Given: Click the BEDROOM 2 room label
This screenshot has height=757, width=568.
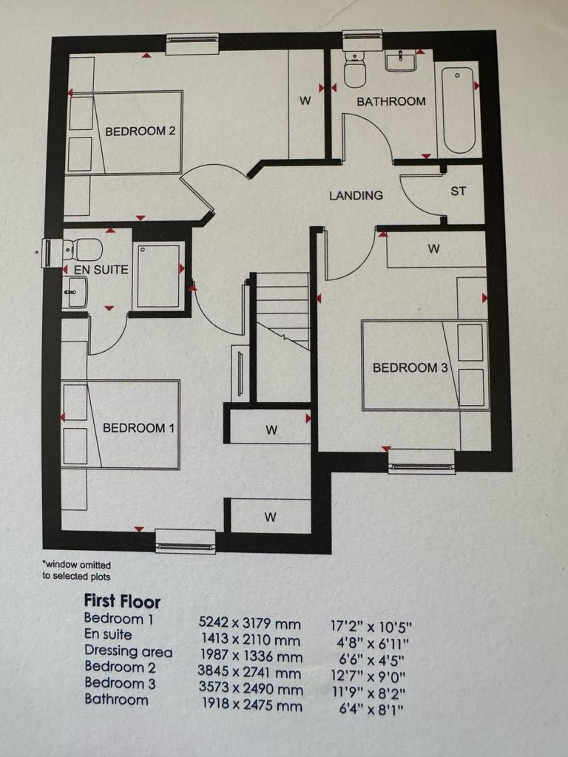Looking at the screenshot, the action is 140,131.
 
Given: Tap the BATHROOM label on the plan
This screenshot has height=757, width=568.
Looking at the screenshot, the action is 391,101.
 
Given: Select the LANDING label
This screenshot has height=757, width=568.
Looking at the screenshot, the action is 356,195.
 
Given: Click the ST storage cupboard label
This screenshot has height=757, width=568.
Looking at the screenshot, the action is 459,191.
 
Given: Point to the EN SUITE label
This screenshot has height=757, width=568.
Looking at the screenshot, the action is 101,269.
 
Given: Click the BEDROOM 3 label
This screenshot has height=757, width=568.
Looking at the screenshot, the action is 410,368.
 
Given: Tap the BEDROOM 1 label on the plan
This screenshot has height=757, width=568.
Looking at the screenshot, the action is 138,428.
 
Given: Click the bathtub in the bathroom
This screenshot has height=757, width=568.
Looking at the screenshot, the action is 457,111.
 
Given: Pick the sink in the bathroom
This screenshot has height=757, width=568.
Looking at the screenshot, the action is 401,61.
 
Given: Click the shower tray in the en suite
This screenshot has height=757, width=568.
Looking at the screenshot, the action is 158,276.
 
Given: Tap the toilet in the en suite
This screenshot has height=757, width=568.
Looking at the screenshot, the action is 83,250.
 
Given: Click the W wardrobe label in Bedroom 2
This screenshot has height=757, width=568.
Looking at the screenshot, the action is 305,101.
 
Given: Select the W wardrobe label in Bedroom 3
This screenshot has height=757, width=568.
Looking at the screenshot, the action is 433,248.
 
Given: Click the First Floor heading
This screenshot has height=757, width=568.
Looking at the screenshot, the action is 122,601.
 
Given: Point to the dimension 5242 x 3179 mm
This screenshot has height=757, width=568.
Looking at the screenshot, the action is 250,624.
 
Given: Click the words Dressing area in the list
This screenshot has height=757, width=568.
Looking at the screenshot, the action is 129,651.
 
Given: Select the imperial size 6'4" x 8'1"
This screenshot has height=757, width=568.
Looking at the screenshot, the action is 371,709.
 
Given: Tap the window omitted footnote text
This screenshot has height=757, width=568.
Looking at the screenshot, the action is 76,570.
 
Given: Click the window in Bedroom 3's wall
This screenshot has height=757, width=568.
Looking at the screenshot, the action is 422,461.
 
